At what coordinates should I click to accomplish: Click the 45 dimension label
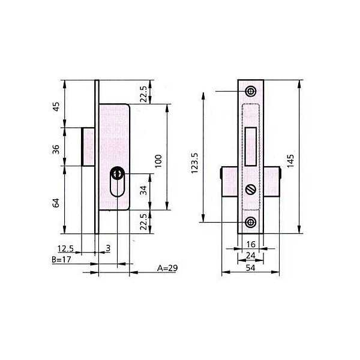[56, 106]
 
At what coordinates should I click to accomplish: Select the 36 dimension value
[56, 149]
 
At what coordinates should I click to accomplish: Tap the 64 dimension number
[56, 203]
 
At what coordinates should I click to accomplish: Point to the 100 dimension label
[158, 161]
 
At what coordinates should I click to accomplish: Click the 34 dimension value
[143, 190]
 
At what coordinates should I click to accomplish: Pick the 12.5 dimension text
[65, 248]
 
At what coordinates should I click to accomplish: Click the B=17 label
[61, 260]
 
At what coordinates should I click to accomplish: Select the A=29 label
[167, 268]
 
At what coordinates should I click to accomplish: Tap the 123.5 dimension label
[194, 163]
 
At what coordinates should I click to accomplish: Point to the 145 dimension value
[290, 161]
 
